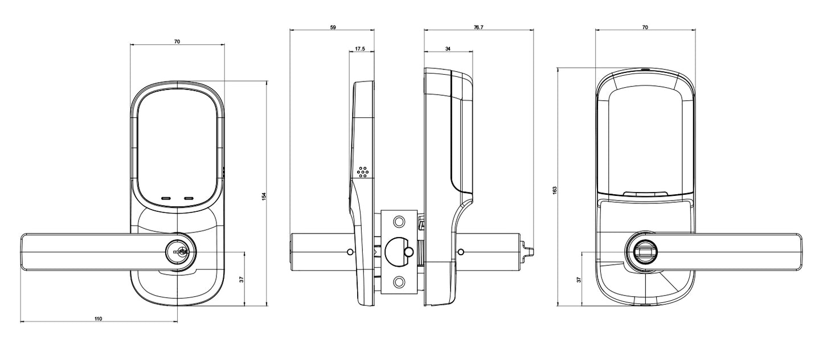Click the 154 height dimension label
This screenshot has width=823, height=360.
pos(264,195)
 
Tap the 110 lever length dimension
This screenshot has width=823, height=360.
pos(98,319)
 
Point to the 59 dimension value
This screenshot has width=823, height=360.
pos(333,27)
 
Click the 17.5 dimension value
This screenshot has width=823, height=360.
pos(360,50)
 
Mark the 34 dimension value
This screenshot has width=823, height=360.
pos(448,50)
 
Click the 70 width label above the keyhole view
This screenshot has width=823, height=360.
pos(177,42)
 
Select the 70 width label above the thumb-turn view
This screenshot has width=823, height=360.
pos(645,27)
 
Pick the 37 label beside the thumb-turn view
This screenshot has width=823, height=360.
pos(579,280)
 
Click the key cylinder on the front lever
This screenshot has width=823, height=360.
pos(178,251)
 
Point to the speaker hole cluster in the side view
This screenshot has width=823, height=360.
pos(363,171)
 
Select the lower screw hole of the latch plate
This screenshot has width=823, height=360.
pos(399,281)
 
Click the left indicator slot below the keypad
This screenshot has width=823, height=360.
pos(166,199)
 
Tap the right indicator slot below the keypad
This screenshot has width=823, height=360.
pos(189,199)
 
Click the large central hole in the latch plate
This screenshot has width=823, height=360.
pos(397,251)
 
